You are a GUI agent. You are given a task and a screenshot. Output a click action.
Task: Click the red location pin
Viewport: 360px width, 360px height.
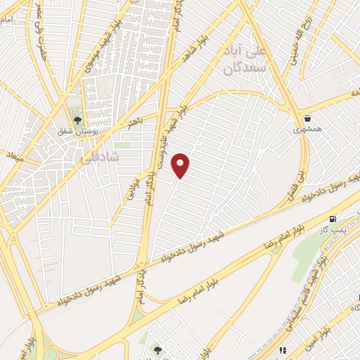click(x=181, y=165)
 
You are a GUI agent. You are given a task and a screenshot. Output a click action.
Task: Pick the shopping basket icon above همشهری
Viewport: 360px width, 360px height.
click(x=307, y=117)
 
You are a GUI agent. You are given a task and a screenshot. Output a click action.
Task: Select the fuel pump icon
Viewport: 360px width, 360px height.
click(x=333, y=219)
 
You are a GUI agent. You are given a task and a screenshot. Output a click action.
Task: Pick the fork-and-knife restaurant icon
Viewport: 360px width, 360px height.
click(x=282, y=349)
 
